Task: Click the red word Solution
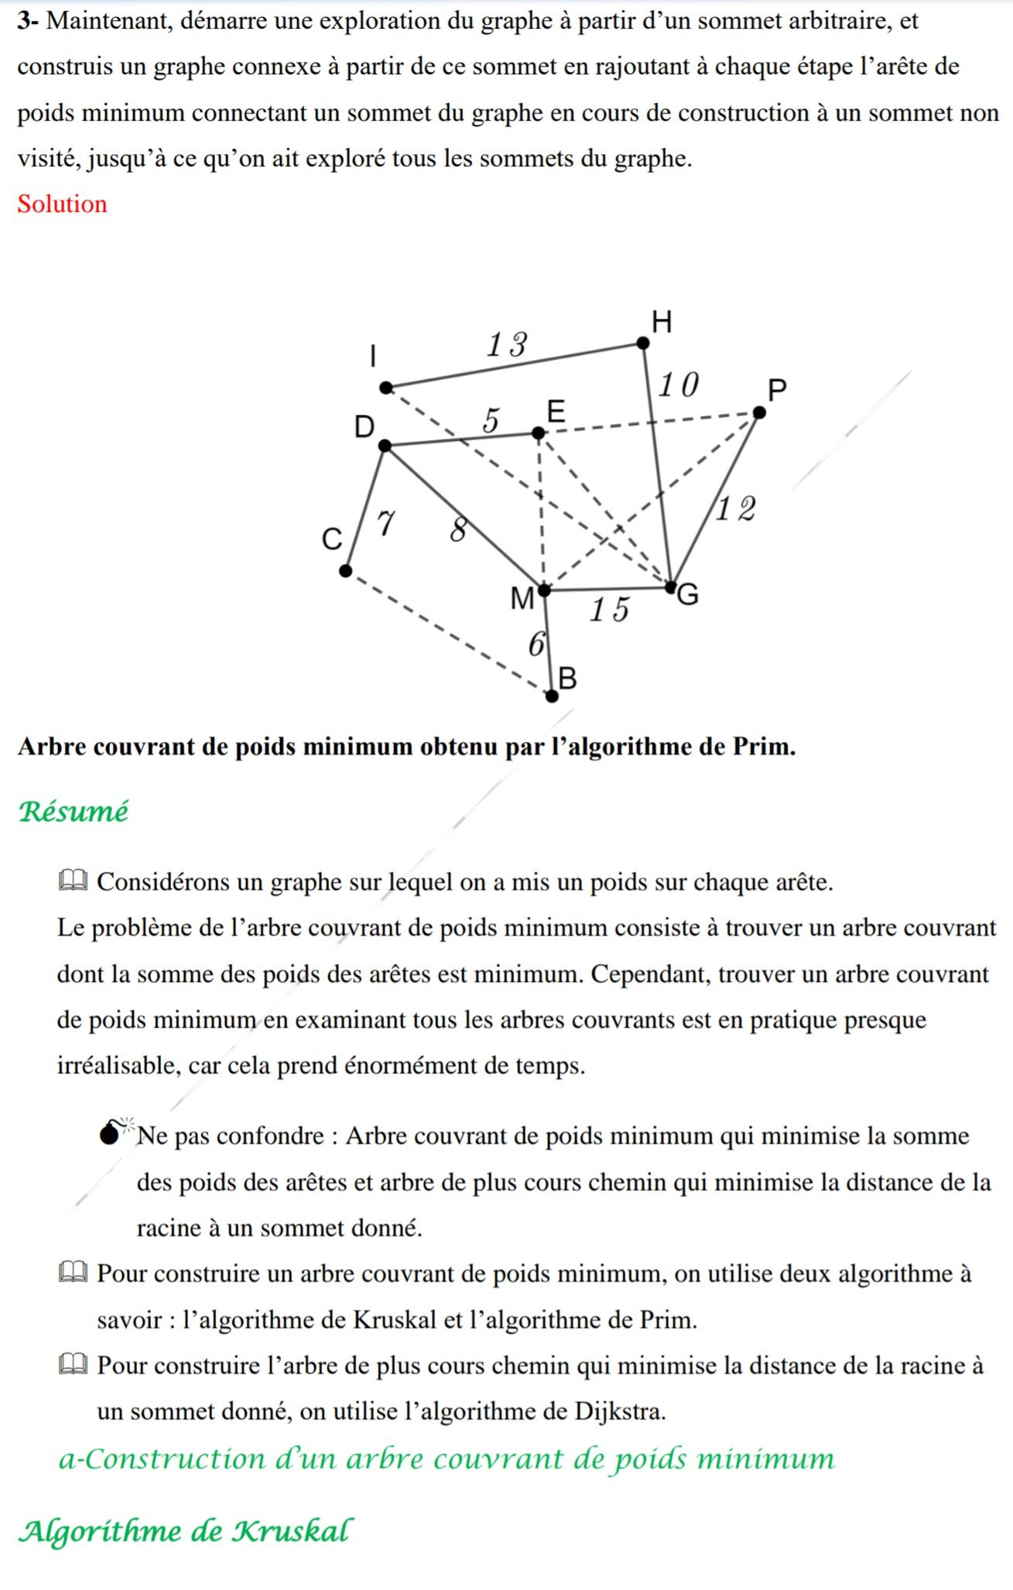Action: pyautogui.click(x=62, y=204)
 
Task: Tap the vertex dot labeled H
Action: pyautogui.click(x=643, y=343)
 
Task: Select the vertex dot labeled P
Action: pyautogui.click(x=759, y=413)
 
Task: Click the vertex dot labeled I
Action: pyautogui.click(x=386, y=388)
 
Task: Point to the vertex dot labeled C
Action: pyautogui.click(x=346, y=571)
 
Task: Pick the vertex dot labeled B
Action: pyautogui.click(x=552, y=696)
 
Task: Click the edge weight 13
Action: pyautogui.click(x=507, y=344)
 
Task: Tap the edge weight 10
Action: pyautogui.click(x=679, y=385)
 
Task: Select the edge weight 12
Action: pyautogui.click(x=735, y=509)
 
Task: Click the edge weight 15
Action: pyautogui.click(x=610, y=610)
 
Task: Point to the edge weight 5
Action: pyautogui.click(x=491, y=421)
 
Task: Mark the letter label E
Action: pyautogui.click(x=556, y=411)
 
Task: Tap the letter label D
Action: pyautogui.click(x=364, y=426)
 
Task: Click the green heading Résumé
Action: pyautogui.click(x=74, y=812)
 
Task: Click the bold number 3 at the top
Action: pyautogui.click(x=25, y=21)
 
